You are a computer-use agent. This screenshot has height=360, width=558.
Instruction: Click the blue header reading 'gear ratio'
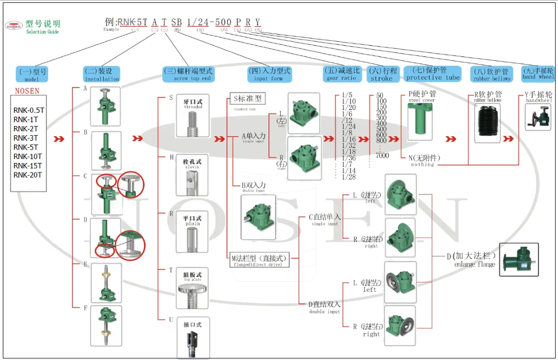point(343,74)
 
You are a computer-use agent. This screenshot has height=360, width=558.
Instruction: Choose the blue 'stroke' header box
point(383,74)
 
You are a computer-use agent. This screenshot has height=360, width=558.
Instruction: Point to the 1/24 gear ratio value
point(349,127)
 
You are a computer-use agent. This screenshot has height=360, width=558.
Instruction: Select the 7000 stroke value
point(382,156)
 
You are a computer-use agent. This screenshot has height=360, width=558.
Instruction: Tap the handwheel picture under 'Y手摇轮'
point(538,117)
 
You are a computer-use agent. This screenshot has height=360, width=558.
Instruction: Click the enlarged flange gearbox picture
point(518,260)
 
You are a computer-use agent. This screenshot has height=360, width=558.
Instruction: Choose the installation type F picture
point(105,325)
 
